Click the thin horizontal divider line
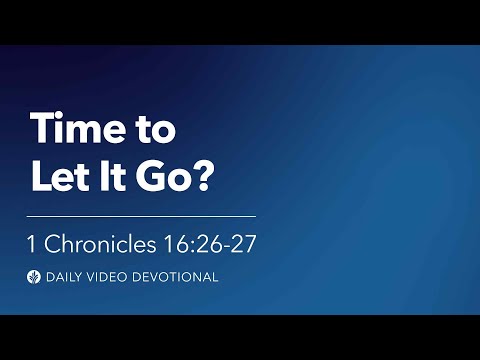click(141, 215)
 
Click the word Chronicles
click(101, 243)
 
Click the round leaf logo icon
click(36, 277)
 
